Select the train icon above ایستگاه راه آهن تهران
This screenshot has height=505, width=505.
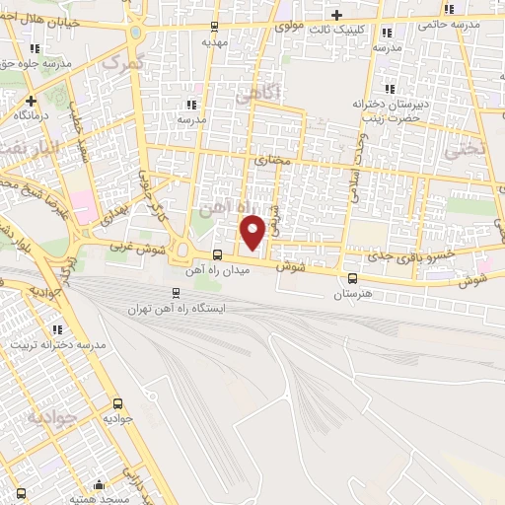pyautogui.click(x=176, y=292)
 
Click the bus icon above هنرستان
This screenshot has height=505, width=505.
pyautogui.click(x=352, y=278)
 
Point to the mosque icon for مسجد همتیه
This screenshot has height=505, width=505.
pyautogui.click(x=98, y=485)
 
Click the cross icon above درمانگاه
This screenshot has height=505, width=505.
pyautogui.click(x=32, y=101)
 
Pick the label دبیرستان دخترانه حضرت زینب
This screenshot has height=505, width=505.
pyautogui.click(x=388, y=109)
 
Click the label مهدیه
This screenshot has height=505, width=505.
pyautogui.click(x=215, y=43)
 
